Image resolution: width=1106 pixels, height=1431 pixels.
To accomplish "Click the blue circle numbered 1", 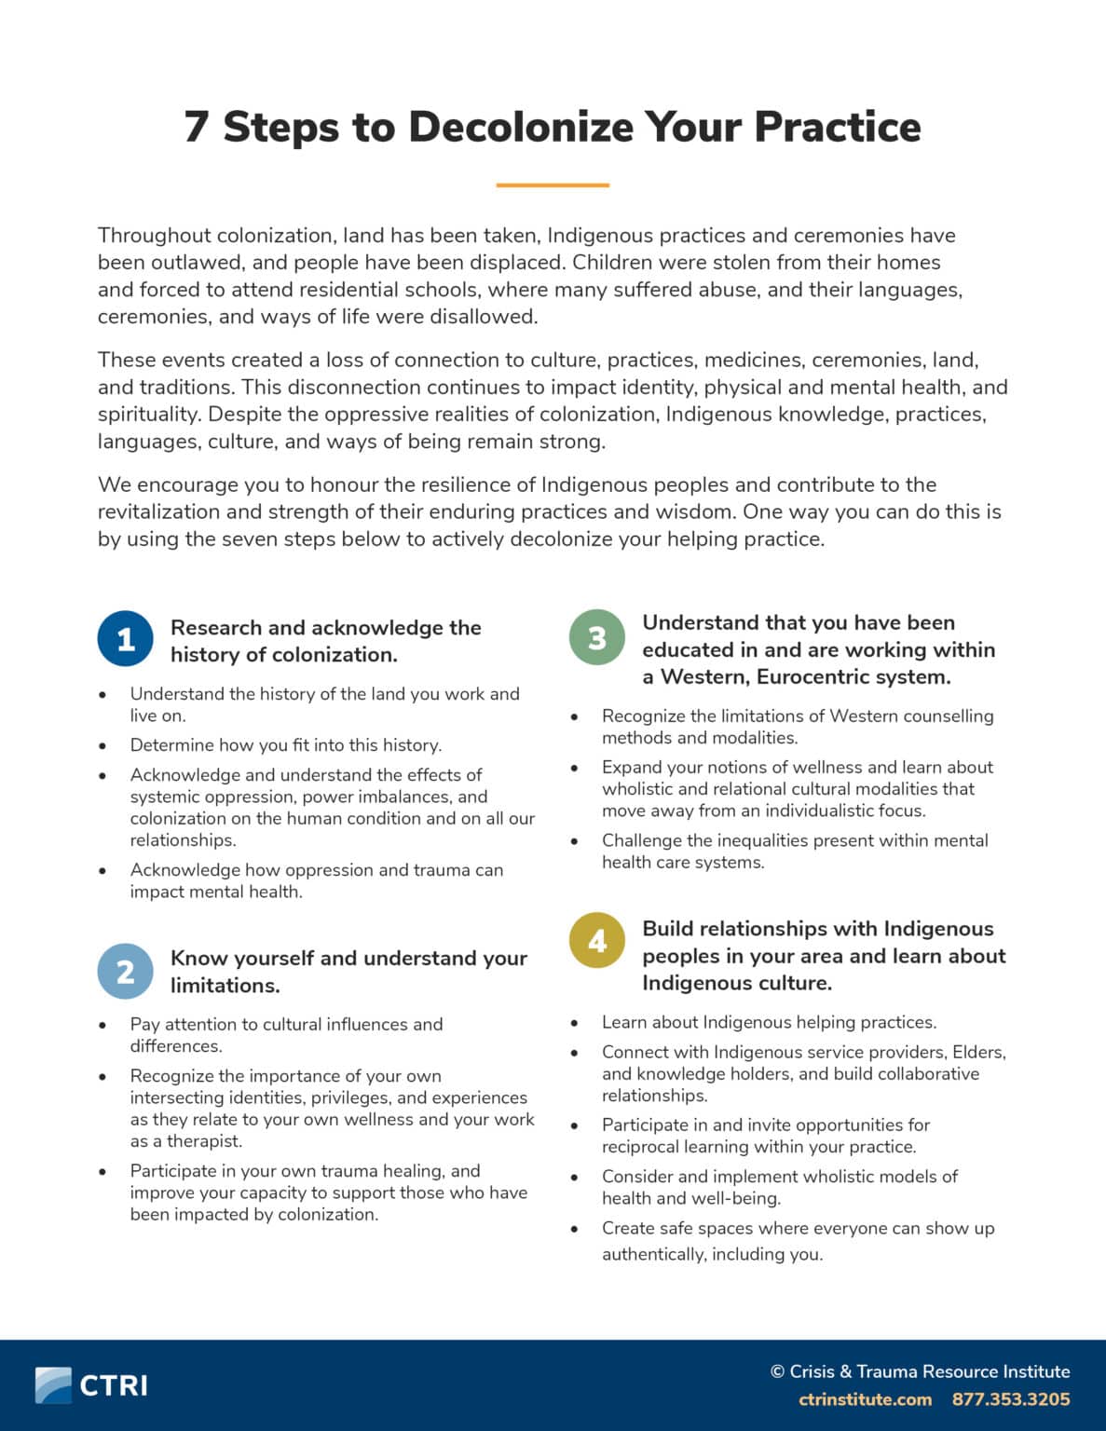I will pyautogui.click(x=125, y=639).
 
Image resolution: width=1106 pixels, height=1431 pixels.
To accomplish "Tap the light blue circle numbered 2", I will pyautogui.click(x=125, y=971).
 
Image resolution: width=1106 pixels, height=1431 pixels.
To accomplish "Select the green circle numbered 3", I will pyautogui.click(x=596, y=637).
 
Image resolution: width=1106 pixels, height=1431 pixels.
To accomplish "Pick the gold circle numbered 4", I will pyautogui.click(x=596, y=940).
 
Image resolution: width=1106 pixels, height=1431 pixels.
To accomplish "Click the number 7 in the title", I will pyautogui.click(x=196, y=127).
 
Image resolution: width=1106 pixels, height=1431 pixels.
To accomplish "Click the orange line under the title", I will pyautogui.click(x=553, y=185).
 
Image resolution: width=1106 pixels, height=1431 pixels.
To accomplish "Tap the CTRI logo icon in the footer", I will pyautogui.click(x=53, y=1384).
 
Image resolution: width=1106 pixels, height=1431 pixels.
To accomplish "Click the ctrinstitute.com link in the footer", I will pyautogui.click(x=865, y=1399).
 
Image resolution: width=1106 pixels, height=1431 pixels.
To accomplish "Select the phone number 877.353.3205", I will pyautogui.click(x=1011, y=1399).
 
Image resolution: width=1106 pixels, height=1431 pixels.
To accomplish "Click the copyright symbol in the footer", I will pyautogui.click(x=777, y=1371).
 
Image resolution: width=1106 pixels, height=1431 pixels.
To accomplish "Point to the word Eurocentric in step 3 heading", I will pyautogui.click(x=818, y=676).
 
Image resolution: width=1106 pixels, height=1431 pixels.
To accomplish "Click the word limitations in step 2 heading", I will pyautogui.click(x=225, y=985).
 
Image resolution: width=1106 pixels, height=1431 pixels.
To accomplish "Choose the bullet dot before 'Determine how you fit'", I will pyautogui.click(x=102, y=745).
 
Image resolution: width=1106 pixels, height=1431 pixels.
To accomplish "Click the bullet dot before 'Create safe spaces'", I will pyautogui.click(x=574, y=1229).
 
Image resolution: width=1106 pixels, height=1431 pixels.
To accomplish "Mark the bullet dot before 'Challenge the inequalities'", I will pyautogui.click(x=574, y=840).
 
